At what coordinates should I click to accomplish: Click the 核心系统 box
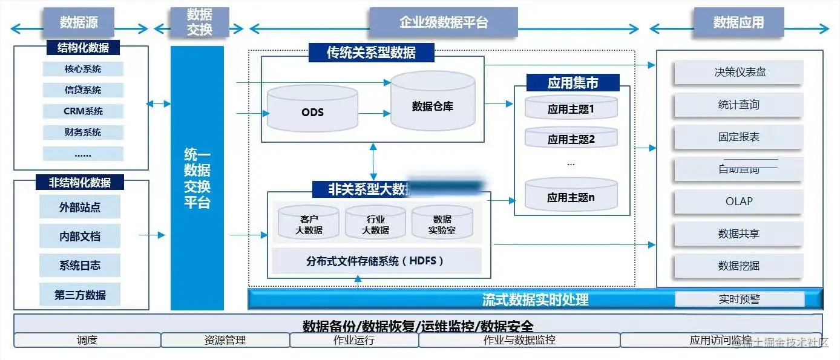tap(83, 69)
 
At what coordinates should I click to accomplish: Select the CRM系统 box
tap(83, 111)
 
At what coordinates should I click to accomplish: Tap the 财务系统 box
tap(83, 133)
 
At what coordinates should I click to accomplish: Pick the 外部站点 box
tap(80, 207)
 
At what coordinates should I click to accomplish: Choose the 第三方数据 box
tap(80, 295)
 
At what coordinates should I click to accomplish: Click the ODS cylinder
tap(312, 111)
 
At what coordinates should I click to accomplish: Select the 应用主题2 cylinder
tap(571, 139)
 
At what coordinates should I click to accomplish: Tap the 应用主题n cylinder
tap(571, 196)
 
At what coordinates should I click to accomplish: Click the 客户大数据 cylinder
tap(309, 223)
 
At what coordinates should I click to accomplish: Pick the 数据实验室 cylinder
tap(442, 223)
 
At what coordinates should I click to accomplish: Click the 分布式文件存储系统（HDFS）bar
tap(375, 261)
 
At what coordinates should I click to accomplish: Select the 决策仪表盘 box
tap(739, 73)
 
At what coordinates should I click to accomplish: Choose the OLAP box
tap(739, 201)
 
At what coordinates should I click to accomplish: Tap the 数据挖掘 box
tap(739, 266)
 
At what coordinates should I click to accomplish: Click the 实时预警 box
tap(739, 299)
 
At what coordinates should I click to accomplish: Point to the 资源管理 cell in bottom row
tap(225, 340)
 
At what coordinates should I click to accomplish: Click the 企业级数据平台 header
tap(444, 23)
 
